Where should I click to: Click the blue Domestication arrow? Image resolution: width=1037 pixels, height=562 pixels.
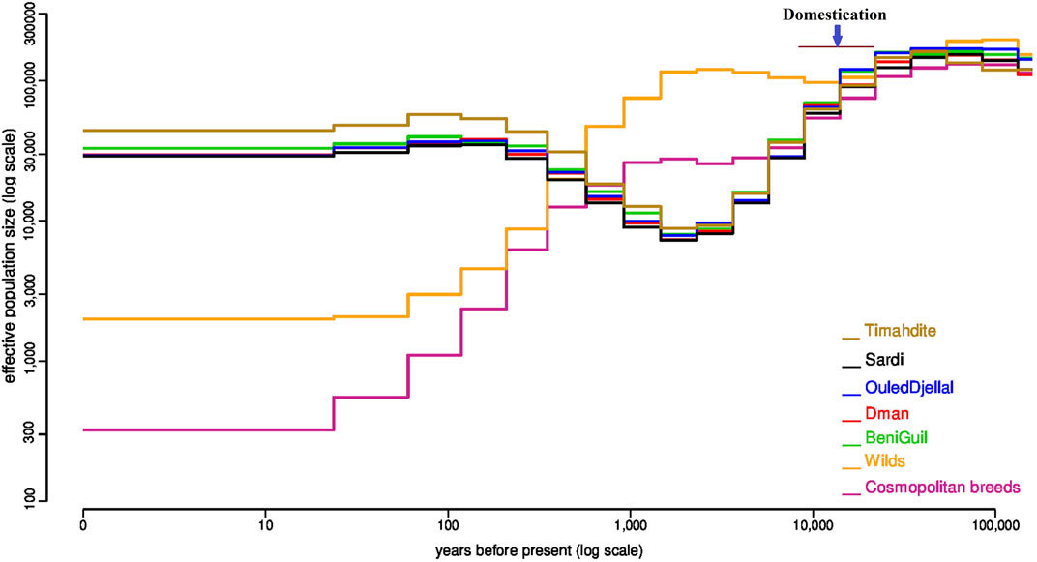click(838, 35)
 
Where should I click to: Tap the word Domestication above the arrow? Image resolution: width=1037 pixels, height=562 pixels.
click(835, 15)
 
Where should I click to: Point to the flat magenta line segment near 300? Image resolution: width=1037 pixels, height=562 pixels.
click(208, 429)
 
